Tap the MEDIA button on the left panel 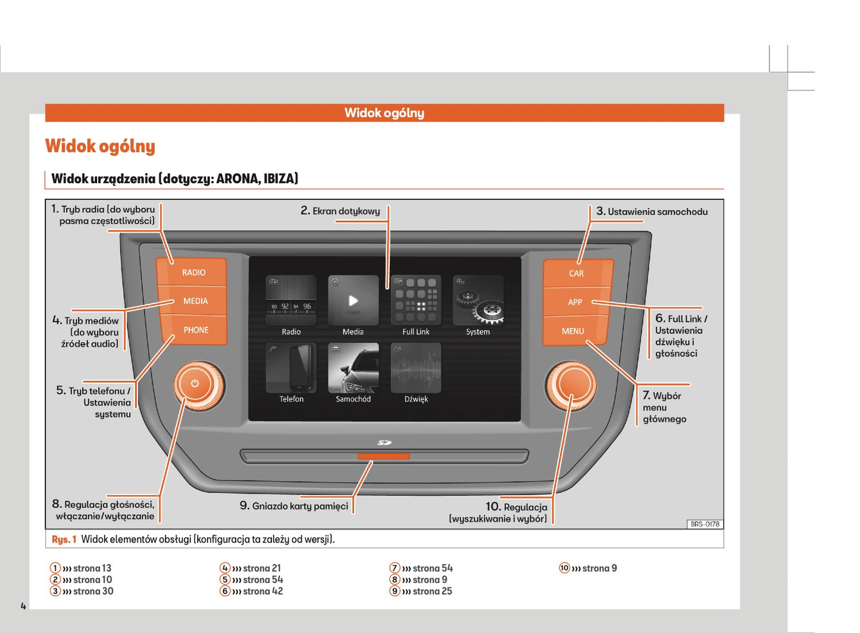pos(195,301)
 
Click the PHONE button pos(195,330)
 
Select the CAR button pos(576,273)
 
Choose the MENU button pos(573,331)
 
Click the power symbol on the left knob pos(195,384)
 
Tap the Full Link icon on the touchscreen pos(415,300)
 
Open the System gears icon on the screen pos(478,300)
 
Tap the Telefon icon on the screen pos(291,368)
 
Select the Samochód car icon pos(353,368)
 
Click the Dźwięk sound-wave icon pos(415,368)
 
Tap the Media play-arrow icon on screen pos(353,300)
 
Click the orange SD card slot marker pos(383,456)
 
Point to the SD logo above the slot pos(384,443)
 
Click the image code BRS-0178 pos(705,524)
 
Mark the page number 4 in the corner pos(23,606)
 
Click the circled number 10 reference pos(564,568)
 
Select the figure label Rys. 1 pos(64,540)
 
